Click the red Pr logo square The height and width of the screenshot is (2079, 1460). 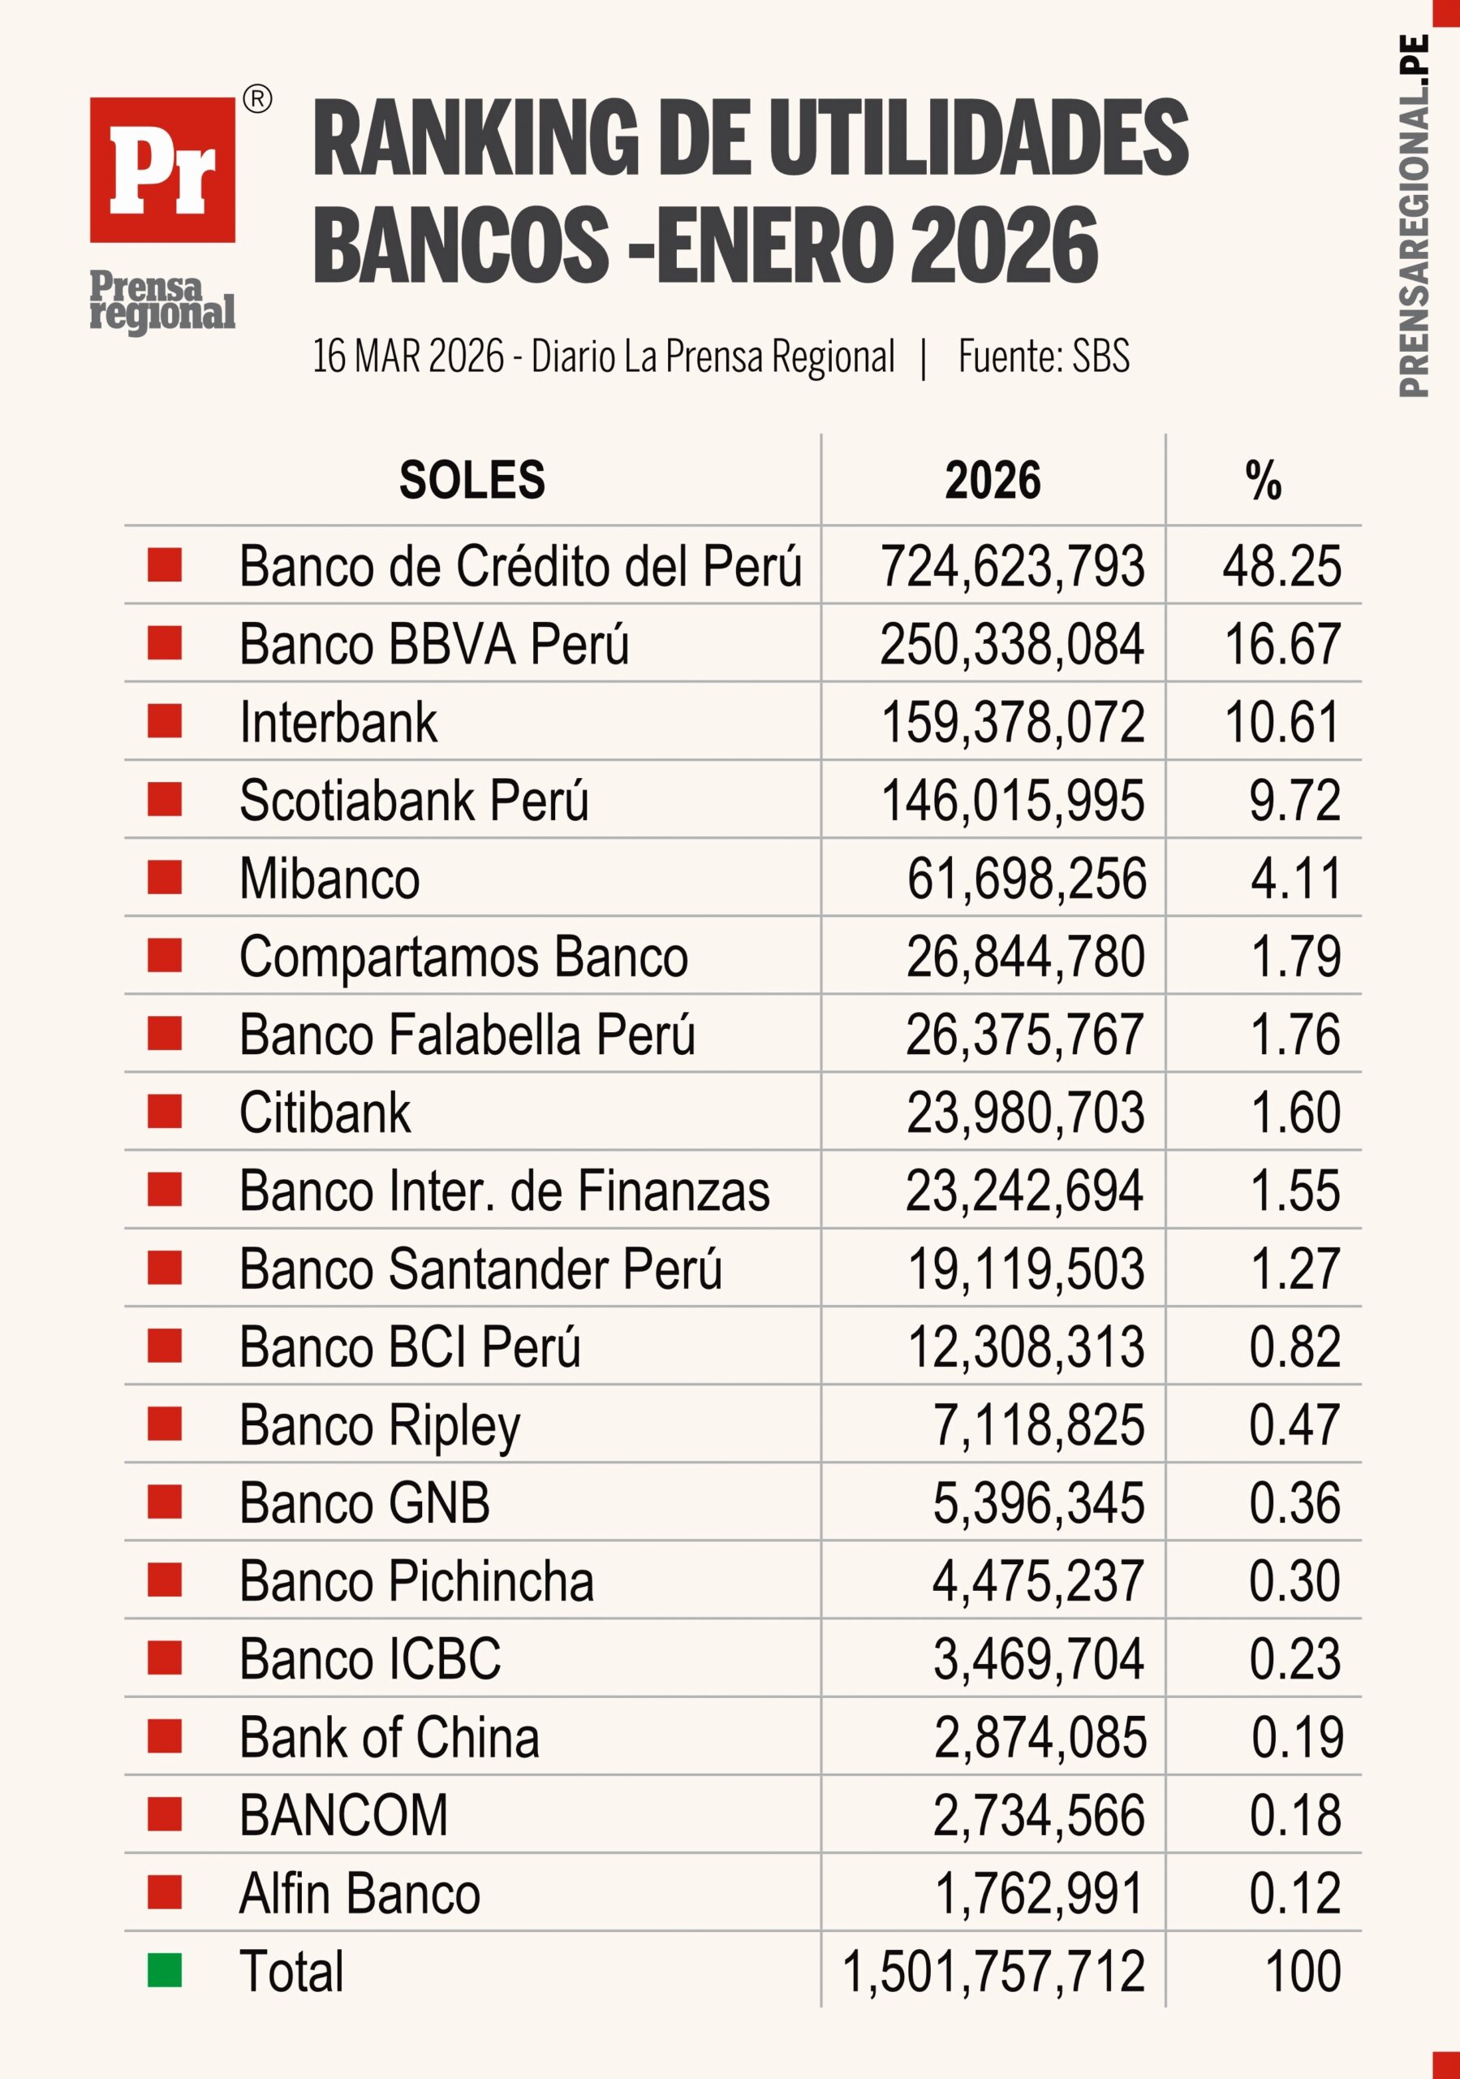pos(162,170)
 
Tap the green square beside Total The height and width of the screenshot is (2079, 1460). pos(165,1970)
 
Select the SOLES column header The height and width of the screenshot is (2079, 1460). pos(472,480)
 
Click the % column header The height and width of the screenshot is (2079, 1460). pos(1263,480)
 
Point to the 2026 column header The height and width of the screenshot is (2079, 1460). pos(992,480)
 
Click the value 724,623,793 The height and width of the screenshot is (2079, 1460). pos(1012,567)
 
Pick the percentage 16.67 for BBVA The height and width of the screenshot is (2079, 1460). pos(1281,645)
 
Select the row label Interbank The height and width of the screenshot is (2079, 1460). pos(338,723)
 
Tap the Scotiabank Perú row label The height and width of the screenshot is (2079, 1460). pos(414,801)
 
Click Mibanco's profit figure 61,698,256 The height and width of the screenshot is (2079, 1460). pos(1026,879)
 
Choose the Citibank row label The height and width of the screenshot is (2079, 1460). pos(324,1112)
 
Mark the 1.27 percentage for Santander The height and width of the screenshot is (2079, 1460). pos(1294,1268)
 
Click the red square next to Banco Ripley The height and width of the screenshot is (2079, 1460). pos(165,1424)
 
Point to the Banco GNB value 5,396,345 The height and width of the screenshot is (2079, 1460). pos(1038,1502)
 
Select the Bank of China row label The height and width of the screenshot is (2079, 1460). pos(390,1737)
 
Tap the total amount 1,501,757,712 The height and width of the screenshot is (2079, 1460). pos(993,1971)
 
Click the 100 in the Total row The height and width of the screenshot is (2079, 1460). pos(1303,1971)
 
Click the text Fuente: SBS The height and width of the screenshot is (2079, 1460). pos(1043,357)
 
